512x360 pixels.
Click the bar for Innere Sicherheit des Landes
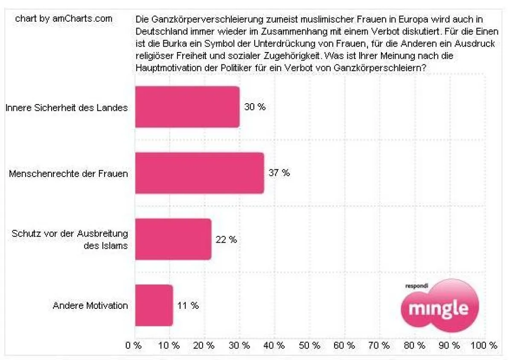(x=187, y=107)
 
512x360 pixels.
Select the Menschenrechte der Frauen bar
(x=199, y=173)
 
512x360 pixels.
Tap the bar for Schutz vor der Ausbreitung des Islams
(x=173, y=239)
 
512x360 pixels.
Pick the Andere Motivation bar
(x=154, y=305)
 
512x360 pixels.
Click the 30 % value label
(x=255, y=107)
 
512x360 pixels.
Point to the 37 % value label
(x=279, y=173)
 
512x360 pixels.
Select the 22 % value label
(x=226, y=240)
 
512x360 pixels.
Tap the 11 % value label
(x=188, y=306)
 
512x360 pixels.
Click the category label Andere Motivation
(x=90, y=306)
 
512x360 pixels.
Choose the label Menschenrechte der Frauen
(x=68, y=174)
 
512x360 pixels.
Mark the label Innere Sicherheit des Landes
(x=67, y=107)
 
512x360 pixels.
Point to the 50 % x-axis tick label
(x=310, y=345)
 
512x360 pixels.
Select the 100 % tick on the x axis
(x=483, y=345)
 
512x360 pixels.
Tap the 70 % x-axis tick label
(x=380, y=345)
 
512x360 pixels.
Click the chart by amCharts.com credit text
(x=64, y=19)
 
